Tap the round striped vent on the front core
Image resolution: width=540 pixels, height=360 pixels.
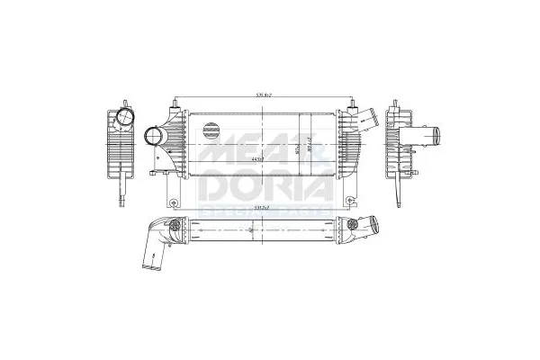point(214,130)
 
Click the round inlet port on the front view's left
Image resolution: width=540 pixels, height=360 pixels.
point(155,139)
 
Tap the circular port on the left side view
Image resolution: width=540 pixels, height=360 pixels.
point(122,120)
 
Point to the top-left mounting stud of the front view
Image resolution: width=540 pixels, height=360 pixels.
point(168,104)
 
